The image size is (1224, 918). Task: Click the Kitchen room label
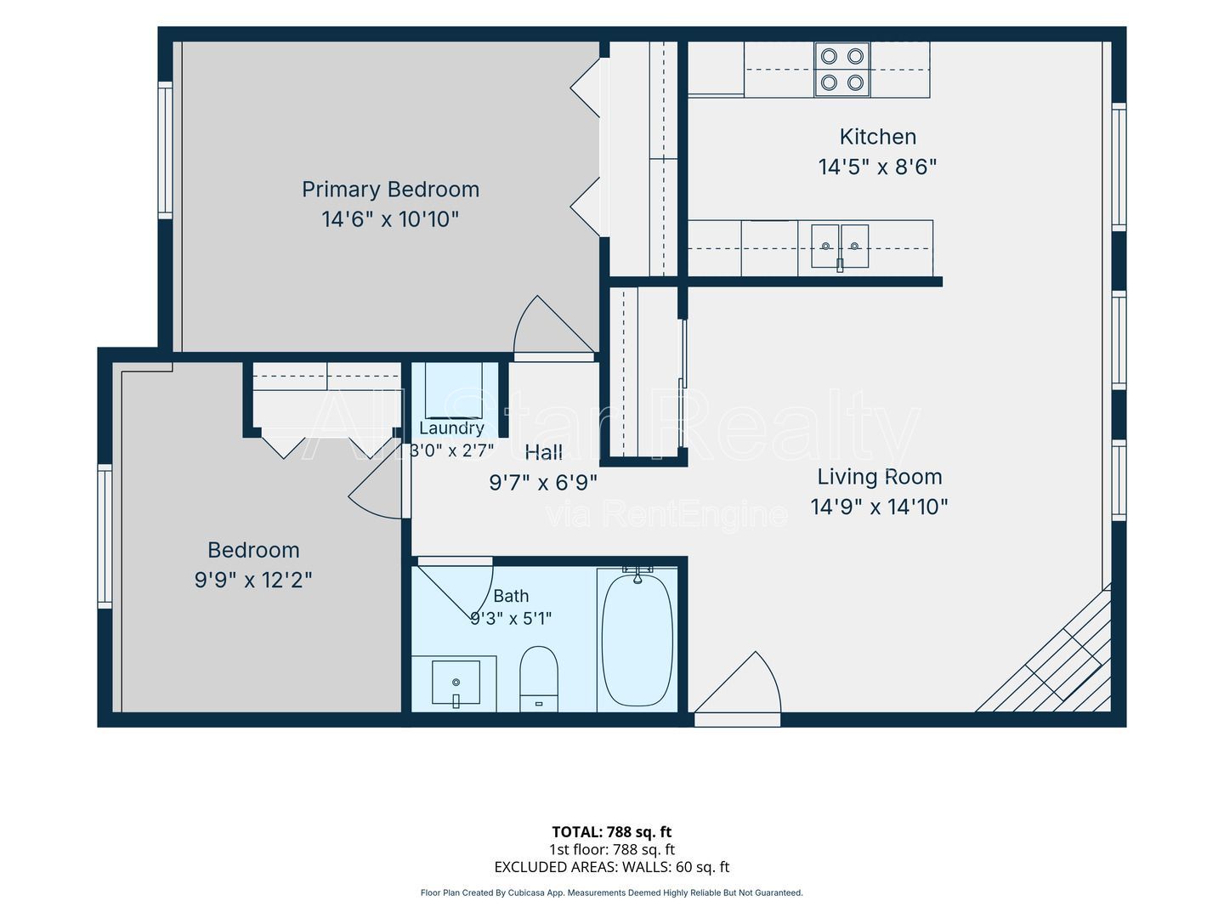[878, 137]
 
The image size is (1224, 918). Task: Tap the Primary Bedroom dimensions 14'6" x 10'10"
[390, 219]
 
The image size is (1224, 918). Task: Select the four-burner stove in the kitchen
[842, 70]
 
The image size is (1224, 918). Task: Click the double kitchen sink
[840, 246]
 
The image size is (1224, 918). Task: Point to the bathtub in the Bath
[637, 639]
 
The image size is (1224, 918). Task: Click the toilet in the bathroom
[539, 679]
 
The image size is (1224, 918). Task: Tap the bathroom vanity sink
[456, 683]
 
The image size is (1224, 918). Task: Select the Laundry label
[451, 428]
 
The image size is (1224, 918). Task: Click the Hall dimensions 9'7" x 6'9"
[543, 482]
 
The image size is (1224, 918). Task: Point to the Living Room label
[880, 477]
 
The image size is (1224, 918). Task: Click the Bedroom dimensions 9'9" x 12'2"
[253, 581]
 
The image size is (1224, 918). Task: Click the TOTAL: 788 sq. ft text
[612, 832]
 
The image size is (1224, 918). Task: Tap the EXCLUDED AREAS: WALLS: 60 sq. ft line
[612, 867]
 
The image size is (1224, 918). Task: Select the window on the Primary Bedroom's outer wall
[165, 150]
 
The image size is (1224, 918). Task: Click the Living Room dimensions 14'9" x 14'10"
[879, 507]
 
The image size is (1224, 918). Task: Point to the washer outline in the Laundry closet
[453, 390]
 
